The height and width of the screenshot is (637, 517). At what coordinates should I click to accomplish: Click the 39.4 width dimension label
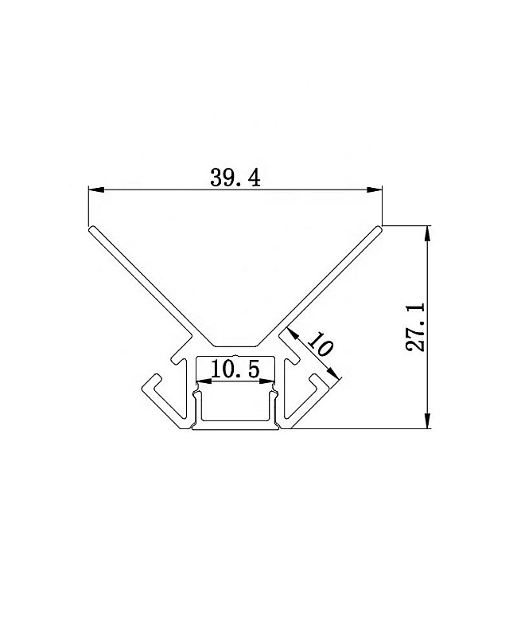[x=235, y=178]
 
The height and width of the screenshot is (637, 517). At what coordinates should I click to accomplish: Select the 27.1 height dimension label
[x=415, y=326]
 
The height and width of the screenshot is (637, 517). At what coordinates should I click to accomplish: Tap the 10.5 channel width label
[x=235, y=369]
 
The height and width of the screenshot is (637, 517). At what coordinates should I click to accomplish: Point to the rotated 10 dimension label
[x=321, y=344]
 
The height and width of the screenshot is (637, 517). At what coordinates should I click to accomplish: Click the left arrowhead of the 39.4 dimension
[x=96, y=190]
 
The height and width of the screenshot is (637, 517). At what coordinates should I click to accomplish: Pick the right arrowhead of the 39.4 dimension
[x=374, y=190]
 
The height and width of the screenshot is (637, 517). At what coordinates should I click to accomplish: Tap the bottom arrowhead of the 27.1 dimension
[x=427, y=420]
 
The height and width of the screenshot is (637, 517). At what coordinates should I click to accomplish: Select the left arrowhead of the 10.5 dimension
[x=204, y=381]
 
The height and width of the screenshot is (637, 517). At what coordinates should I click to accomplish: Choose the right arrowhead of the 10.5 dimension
[x=266, y=381]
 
